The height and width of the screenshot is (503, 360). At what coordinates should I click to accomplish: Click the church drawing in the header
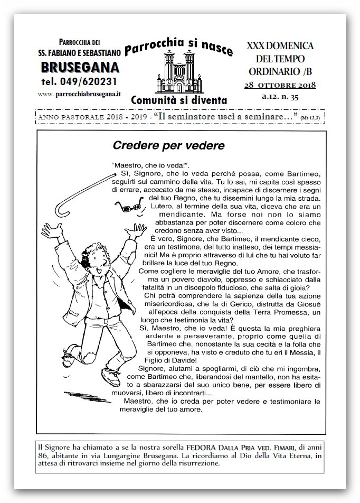coord(179,73)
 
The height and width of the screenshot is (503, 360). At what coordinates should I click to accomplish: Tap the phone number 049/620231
coord(79,81)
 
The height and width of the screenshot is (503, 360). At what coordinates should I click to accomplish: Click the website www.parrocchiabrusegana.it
coord(80,94)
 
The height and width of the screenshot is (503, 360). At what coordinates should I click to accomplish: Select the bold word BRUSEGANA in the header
coord(79,67)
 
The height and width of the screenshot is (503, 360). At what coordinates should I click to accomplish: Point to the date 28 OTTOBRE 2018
coord(280,85)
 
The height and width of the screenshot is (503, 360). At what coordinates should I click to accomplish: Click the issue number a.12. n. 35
coord(280,97)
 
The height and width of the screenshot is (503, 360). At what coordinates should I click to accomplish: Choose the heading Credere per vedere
coord(168,145)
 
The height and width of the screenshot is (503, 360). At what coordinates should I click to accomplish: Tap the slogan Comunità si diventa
coord(179,99)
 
